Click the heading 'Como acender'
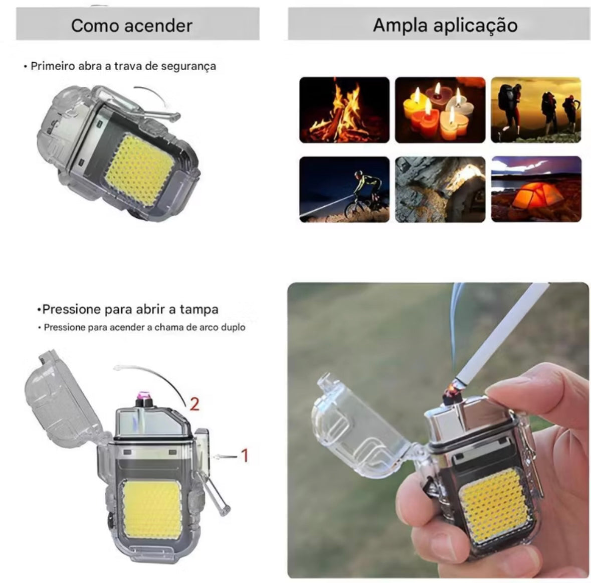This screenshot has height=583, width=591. [131, 26]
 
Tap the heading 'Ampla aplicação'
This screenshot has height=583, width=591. [445, 25]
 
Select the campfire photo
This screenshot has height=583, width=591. [344, 110]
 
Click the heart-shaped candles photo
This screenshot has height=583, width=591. [440, 110]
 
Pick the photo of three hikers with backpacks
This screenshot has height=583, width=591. [535, 110]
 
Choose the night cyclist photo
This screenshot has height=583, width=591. [344, 189]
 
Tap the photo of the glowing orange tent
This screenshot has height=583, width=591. [536, 189]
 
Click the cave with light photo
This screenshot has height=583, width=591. [440, 189]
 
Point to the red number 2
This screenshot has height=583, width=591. [194, 404]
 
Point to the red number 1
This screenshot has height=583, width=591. [245, 456]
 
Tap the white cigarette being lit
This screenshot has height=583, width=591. [501, 336]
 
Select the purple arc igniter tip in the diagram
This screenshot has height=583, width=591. [144, 396]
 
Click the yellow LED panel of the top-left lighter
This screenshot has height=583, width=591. [139, 170]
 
